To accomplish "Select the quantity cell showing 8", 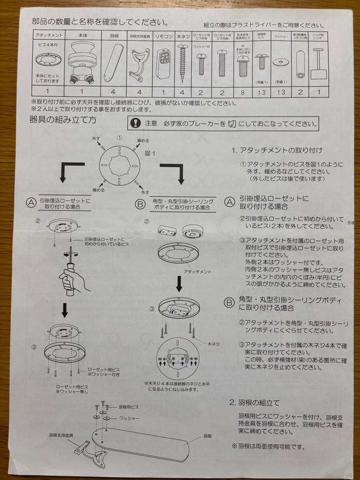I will tap(242, 92).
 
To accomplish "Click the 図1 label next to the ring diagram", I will tap(150, 153).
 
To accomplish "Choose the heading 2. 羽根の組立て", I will tap(255, 403).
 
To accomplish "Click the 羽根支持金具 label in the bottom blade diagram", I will tap(61, 435).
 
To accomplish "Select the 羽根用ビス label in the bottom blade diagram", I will tap(128, 407).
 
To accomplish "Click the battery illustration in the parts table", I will tap(300, 64).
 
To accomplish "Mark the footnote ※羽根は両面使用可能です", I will tap(268, 446).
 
